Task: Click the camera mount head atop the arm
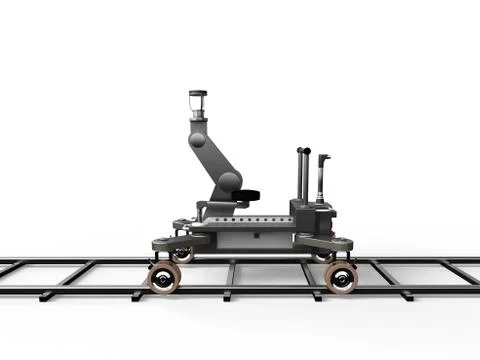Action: coord(197,103)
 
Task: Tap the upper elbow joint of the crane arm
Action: coord(198,138)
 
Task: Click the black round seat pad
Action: coord(246,194)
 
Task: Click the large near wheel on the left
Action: coord(163,277)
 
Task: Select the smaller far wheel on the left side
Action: coord(184,256)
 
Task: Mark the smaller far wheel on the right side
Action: coord(322,256)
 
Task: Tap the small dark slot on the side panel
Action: coord(256,236)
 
